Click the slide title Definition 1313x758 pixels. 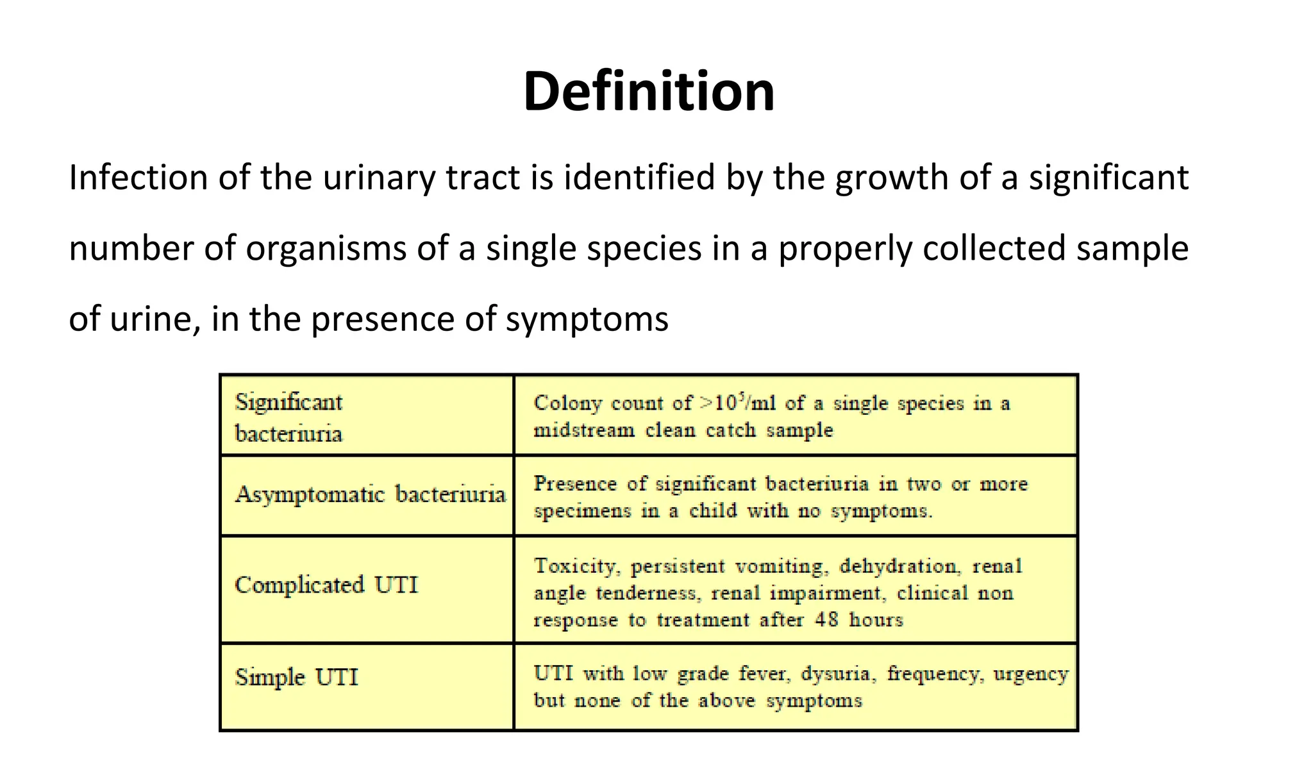[649, 91]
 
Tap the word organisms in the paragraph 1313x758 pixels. [326, 249]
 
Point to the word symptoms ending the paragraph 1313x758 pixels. [587, 319]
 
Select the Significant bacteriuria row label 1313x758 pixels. [289, 417]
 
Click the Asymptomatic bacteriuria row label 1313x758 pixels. [370, 494]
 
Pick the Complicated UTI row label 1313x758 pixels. [326, 585]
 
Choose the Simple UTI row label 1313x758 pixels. [296, 677]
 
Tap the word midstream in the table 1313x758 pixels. [583, 430]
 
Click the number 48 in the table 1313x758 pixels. [826, 619]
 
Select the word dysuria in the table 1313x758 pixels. [836, 674]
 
